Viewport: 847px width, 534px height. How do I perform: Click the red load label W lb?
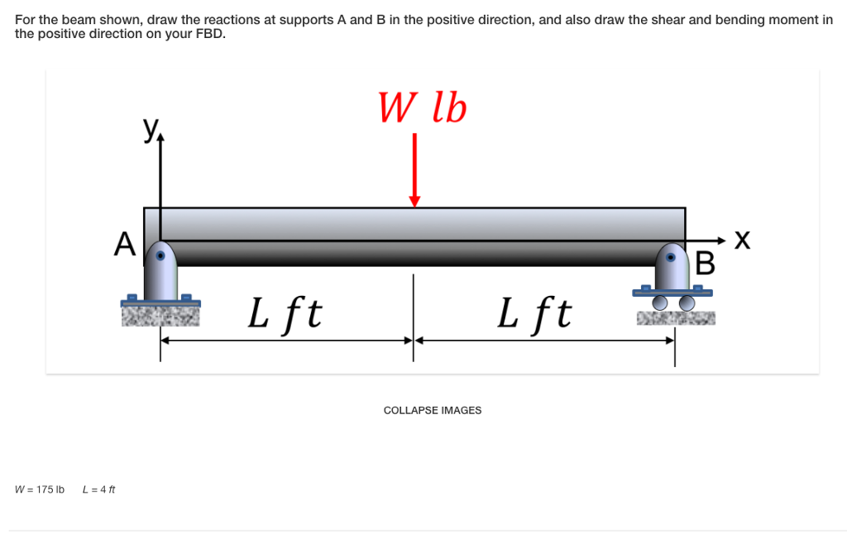pos(423,108)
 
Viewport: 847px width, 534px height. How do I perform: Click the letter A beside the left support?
pos(124,245)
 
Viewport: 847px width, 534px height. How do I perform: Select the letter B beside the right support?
pos(705,263)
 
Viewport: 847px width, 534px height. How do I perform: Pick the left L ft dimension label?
pos(285,313)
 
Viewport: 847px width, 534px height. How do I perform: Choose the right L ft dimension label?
pos(534,313)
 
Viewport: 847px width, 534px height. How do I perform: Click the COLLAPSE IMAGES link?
pos(432,411)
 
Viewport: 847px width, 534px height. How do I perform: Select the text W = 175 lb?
pos(40,489)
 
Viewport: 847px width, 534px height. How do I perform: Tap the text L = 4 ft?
pos(99,489)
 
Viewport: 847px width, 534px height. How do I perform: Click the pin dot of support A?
pos(161,255)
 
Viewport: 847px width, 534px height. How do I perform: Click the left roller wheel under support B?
pos(660,303)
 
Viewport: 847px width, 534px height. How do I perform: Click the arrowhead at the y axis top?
pos(160,141)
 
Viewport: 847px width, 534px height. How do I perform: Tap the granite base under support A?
pos(160,315)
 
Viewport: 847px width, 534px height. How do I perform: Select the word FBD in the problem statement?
pos(209,34)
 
